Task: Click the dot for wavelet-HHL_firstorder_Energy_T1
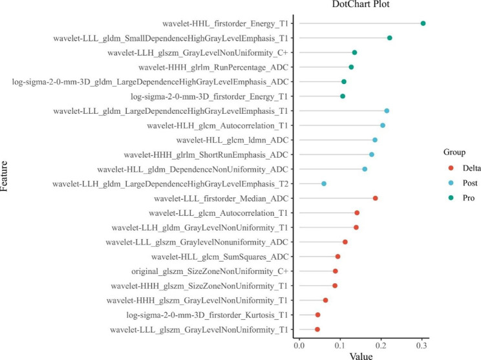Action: pos(423,23)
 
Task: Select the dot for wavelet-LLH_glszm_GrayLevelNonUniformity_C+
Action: pos(354,52)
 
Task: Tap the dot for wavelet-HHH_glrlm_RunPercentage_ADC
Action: pos(351,67)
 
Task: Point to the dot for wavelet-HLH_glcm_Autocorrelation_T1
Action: pos(383,125)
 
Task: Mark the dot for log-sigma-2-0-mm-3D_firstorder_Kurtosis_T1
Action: pos(317,315)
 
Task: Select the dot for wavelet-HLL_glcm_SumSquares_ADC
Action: pos(337,257)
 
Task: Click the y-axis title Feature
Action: pos(6,176)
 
